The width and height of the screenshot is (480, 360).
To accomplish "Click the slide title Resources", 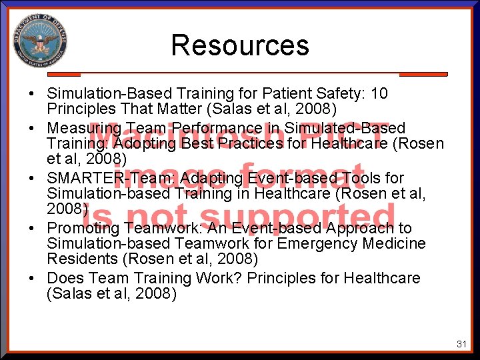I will point(240,45).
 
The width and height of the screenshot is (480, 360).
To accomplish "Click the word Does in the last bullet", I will point(65,278).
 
